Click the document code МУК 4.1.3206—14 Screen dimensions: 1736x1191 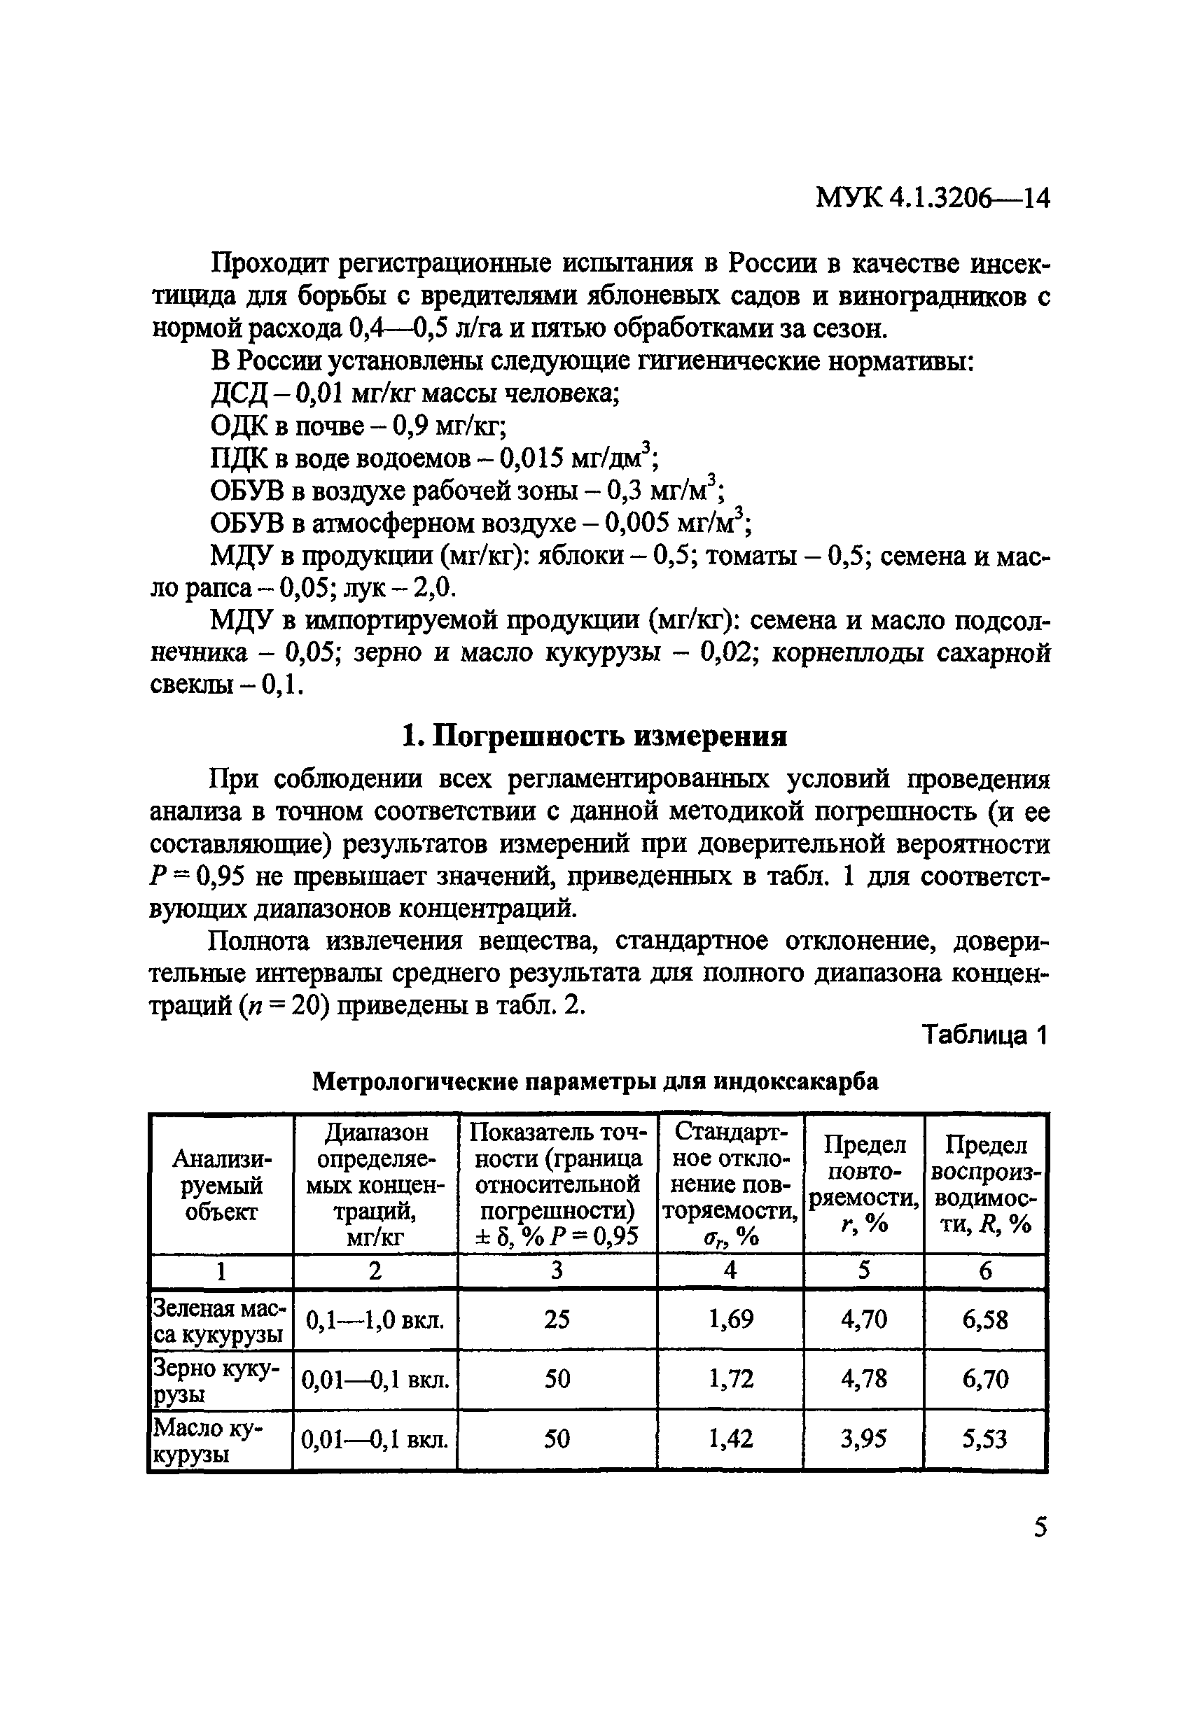933,199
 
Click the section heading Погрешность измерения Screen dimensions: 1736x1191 594,736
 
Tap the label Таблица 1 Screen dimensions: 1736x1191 984,1035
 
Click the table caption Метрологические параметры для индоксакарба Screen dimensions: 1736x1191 594,1081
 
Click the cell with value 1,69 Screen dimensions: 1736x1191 730,1319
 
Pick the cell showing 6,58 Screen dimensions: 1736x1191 984,1320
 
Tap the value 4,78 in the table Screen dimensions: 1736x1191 864,1378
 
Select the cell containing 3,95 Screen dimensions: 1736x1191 864,1438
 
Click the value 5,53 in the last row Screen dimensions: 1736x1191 984,1438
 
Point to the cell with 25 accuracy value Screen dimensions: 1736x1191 557,1319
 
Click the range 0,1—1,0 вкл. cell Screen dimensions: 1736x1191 375,1320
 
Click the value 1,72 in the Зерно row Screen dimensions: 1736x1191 730,1378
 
